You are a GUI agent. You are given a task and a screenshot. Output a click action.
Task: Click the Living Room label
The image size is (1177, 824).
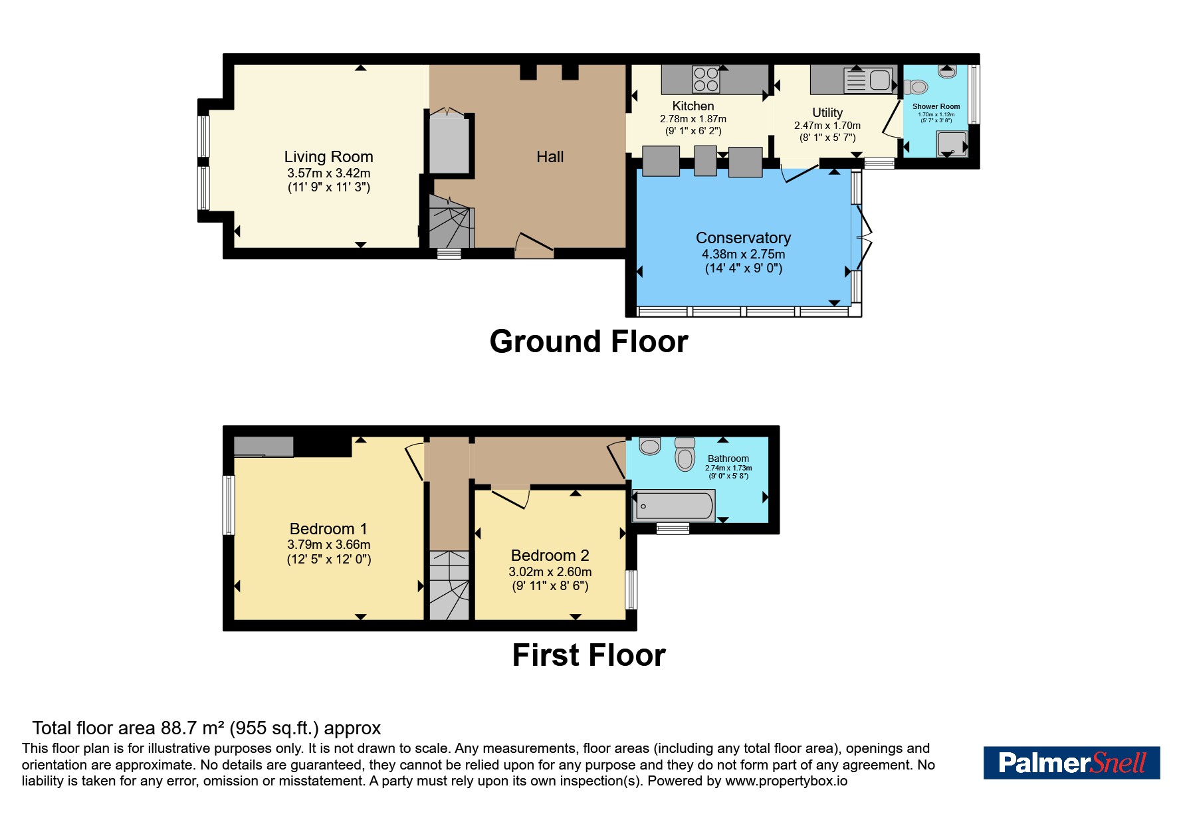pos(328,157)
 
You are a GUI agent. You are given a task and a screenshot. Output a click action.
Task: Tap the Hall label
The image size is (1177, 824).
pos(550,157)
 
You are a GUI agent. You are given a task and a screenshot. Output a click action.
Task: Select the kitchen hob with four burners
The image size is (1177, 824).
pos(706,79)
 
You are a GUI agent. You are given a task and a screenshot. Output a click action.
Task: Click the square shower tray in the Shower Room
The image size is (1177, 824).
pos(952,144)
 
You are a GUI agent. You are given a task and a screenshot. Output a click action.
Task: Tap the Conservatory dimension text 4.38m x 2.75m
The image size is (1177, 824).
pos(743,254)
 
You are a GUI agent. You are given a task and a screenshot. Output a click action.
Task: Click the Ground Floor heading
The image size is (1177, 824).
pos(589,342)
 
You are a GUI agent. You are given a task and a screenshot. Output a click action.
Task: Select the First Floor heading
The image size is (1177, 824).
pos(589,655)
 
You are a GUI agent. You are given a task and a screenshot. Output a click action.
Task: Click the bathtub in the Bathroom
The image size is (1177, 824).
pos(674,506)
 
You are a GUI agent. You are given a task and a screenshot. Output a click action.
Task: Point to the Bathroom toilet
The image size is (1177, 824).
pos(685,453)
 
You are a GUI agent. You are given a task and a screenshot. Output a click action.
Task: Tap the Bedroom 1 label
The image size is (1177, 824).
pos(328,529)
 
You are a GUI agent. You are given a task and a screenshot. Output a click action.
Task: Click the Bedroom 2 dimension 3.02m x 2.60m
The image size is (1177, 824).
pos(550,571)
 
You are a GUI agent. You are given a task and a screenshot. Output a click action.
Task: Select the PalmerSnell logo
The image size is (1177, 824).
pos(1071,763)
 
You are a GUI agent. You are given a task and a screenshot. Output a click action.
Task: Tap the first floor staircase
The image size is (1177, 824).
pos(449,585)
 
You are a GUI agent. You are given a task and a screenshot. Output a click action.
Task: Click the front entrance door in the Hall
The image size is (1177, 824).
pos(534,245)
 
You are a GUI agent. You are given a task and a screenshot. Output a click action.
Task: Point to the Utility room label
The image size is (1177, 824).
pos(827,112)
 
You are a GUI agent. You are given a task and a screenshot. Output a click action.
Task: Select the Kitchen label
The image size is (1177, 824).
pos(693,106)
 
